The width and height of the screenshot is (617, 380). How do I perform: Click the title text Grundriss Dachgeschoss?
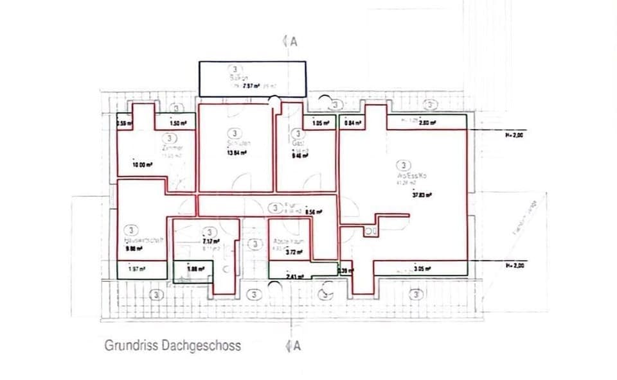coord(173,345)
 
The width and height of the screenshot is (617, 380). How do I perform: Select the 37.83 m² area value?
coord(421,196)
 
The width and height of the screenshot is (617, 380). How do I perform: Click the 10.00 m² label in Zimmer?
coord(142,165)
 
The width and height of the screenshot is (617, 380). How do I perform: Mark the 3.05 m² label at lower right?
coord(422,269)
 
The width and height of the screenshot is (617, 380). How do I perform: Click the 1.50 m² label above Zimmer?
coord(178,123)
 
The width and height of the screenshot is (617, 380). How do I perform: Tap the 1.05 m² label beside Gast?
coord(321,123)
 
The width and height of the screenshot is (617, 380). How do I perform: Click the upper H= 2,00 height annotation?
coord(515,135)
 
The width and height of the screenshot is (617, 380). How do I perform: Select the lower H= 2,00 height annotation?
coord(515,266)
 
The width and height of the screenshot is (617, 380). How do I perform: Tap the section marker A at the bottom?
coord(295,346)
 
